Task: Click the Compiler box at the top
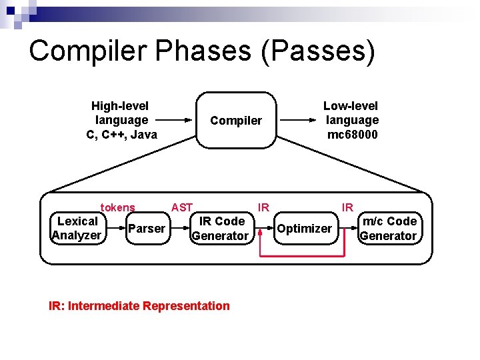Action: pos(236,121)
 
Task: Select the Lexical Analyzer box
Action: pos(77,228)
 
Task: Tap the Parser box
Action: pos(147,229)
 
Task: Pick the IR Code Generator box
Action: pos(220,228)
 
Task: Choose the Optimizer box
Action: pos(304,229)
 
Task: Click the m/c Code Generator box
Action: pos(388,228)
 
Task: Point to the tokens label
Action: pos(117,208)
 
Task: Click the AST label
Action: pos(182,207)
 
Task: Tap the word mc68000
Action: pos(352,135)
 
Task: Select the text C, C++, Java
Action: pos(122,135)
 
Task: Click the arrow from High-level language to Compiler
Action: pos(177,121)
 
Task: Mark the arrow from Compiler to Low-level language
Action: pos(297,121)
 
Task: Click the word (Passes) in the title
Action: pos(319,51)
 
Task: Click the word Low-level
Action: pos(351,105)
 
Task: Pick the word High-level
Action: pos(120,105)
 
